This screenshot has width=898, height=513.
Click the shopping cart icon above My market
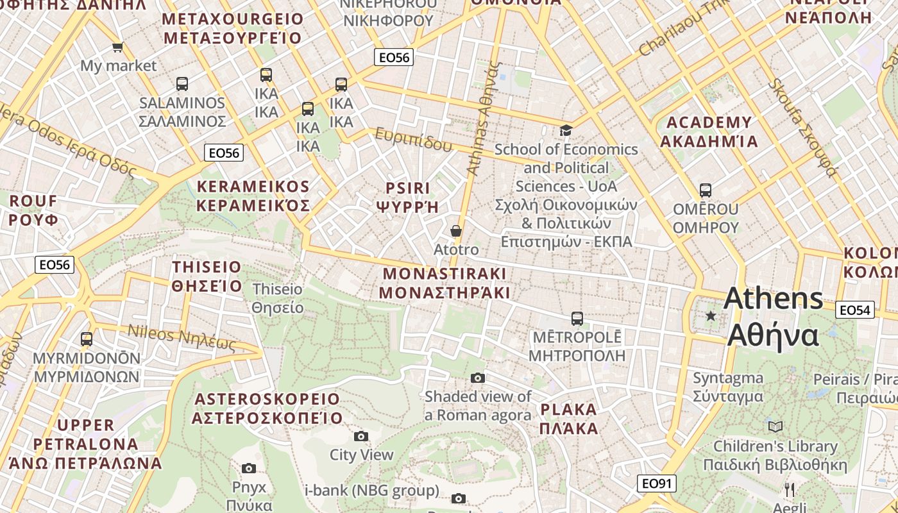pyautogui.click(x=117, y=47)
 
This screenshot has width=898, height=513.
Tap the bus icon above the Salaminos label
pyautogui.click(x=182, y=83)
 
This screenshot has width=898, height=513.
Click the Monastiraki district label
pyautogui.click(x=445, y=283)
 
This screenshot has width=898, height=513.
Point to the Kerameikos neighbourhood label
pyautogui.click(x=253, y=196)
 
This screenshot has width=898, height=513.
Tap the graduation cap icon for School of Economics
pyautogui.click(x=566, y=131)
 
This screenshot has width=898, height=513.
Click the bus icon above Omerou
pyautogui.click(x=706, y=190)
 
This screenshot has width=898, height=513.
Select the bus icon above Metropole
pyautogui.click(x=577, y=318)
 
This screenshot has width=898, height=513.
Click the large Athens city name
pyautogui.click(x=774, y=317)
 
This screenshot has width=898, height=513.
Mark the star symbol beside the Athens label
pyautogui.click(x=711, y=315)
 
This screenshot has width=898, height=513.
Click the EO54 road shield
pyautogui.click(x=855, y=310)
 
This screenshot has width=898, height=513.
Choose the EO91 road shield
pyautogui.click(x=657, y=484)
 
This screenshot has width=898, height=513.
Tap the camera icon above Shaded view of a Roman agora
pyautogui.click(x=478, y=378)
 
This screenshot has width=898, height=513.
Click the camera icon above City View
pyautogui.click(x=361, y=436)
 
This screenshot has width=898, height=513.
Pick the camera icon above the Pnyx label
pyautogui.click(x=249, y=468)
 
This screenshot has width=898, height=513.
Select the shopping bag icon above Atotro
pyautogui.click(x=456, y=231)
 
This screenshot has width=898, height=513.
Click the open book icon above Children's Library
pyautogui.click(x=775, y=426)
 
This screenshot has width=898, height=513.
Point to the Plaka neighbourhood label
pyautogui.click(x=569, y=419)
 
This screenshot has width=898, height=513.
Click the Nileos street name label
pyautogui.click(x=182, y=337)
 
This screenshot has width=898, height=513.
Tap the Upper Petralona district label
pyautogui.click(x=85, y=444)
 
